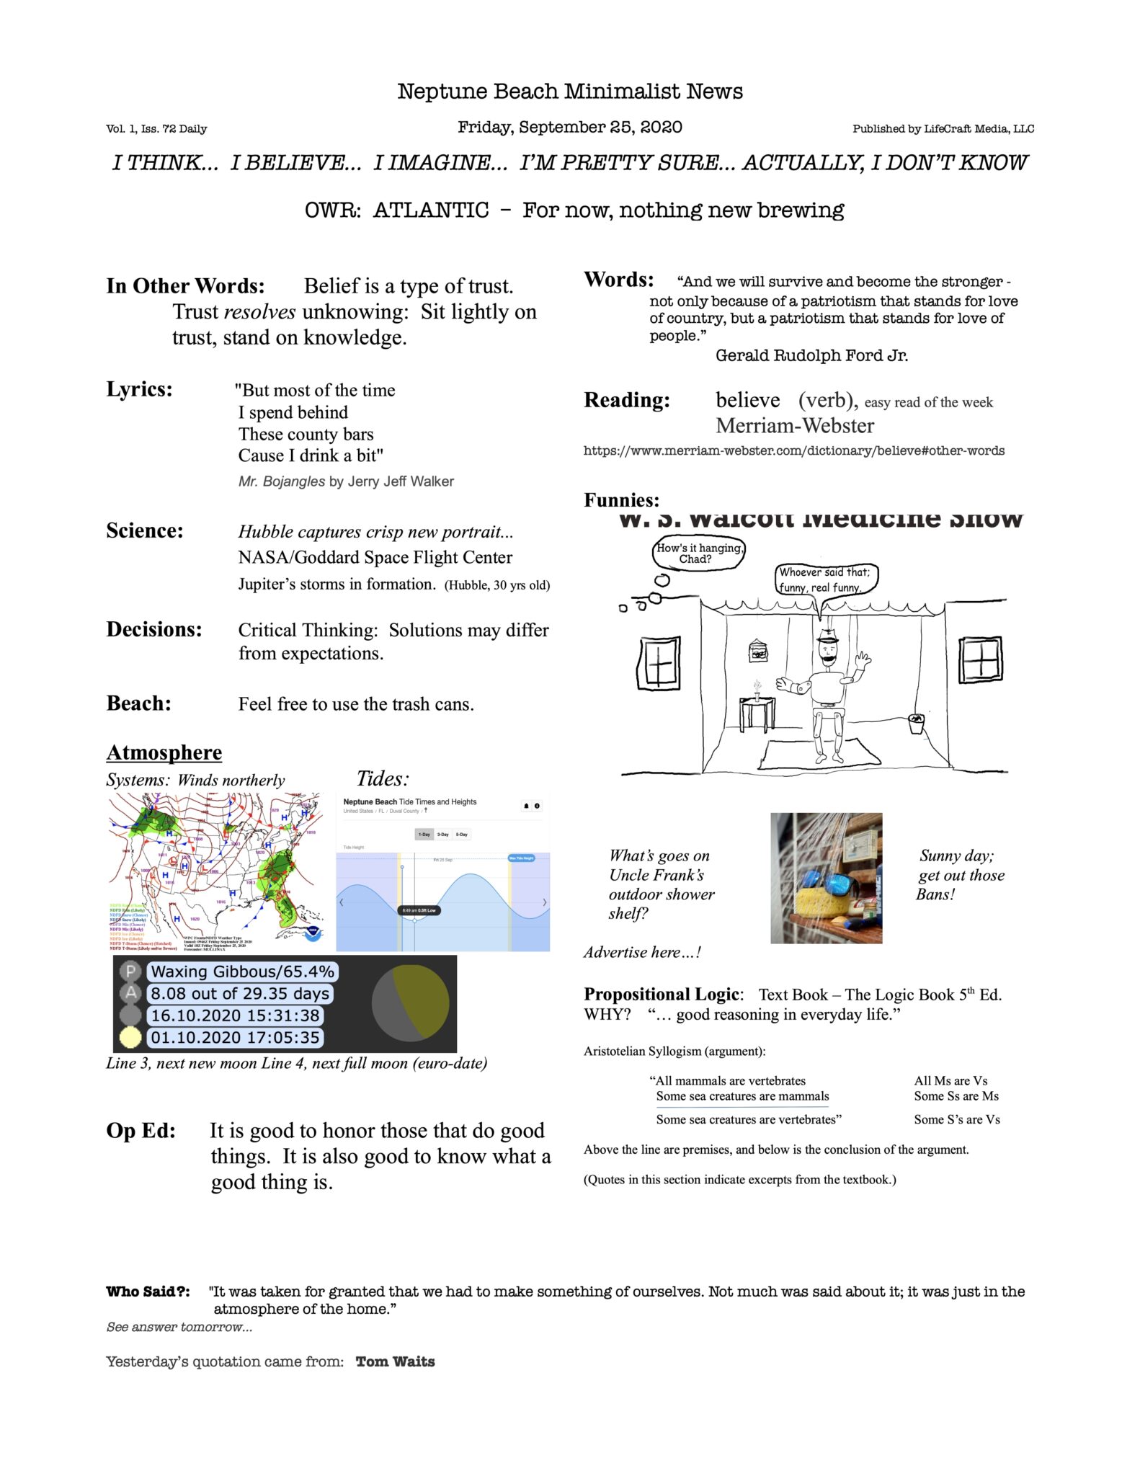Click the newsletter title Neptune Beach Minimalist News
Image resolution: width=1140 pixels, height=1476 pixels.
569,92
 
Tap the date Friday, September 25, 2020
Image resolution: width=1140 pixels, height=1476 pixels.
569,128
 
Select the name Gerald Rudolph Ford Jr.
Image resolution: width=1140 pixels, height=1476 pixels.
811,355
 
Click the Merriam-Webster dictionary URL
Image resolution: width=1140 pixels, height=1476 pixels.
793,450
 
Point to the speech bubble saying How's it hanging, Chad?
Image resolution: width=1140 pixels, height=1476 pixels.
698,553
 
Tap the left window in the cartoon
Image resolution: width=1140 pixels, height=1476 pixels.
659,662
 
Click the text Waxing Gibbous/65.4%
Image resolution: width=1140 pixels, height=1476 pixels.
243,972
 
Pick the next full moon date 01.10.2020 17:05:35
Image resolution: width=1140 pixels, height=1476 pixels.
235,1038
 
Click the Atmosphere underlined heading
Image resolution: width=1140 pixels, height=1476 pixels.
164,752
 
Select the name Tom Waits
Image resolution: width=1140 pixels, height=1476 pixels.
395,1361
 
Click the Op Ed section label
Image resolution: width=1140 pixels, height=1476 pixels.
141,1131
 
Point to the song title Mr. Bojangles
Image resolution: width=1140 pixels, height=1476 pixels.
282,481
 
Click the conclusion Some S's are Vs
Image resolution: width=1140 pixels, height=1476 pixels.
956,1119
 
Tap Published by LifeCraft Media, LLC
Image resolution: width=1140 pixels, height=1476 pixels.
943,129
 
